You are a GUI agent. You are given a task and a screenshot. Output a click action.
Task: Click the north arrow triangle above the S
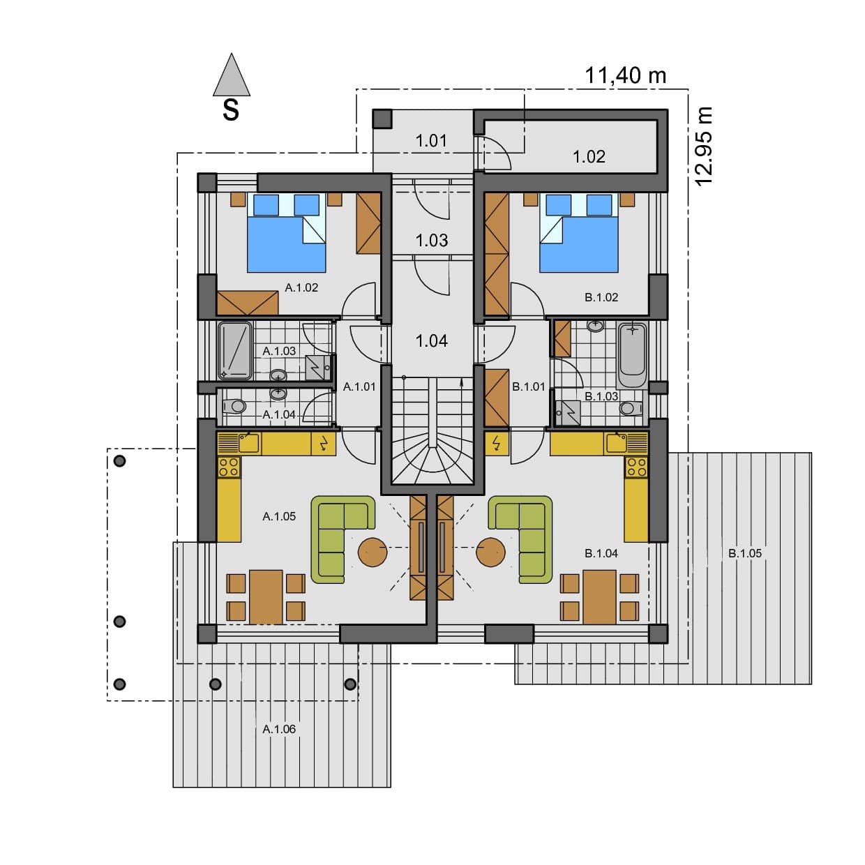(x=231, y=75)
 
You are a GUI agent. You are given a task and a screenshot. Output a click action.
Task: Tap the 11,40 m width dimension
(x=625, y=75)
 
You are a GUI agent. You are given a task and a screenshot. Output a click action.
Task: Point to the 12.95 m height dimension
(x=703, y=146)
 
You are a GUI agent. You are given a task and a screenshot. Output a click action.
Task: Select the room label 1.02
(x=589, y=157)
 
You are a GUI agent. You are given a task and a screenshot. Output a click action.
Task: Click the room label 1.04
(x=431, y=341)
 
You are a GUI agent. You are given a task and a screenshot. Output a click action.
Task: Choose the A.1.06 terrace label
(x=279, y=729)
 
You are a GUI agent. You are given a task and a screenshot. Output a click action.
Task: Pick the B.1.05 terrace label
(x=745, y=553)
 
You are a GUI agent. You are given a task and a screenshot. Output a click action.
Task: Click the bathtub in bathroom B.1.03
(x=633, y=356)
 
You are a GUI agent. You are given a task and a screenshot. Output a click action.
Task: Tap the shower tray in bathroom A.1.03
(x=235, y=351)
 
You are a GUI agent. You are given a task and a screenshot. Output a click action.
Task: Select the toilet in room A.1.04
(x=234, y=407)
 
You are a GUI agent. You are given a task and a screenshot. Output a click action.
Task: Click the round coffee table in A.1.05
(x=373, y=552)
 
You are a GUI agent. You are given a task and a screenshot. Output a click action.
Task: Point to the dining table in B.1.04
(x=599, y=597)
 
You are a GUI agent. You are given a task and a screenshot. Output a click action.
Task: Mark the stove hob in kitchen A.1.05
(x=230, y=467)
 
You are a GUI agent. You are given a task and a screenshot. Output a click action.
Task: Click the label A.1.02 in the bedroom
(x=301, y=287)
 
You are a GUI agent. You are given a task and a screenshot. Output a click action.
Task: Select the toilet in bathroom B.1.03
(x=630, y=409)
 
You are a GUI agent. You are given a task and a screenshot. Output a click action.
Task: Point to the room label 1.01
(x=431, y=141)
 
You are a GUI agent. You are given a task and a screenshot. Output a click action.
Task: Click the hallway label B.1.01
(x=528, y=386)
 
